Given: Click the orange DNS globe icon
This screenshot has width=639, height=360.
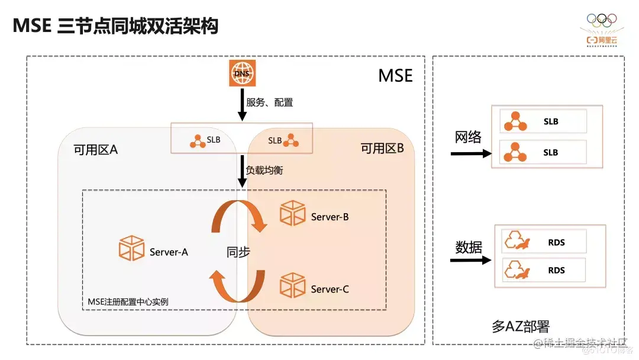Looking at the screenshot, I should (241, 73).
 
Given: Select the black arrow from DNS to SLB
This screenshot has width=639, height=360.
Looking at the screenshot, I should (242, 105).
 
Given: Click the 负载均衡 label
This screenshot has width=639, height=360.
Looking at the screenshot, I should (264, 171).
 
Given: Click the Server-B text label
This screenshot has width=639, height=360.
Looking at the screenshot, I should (330, 217).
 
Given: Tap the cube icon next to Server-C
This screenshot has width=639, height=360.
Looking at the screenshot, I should (293, 286).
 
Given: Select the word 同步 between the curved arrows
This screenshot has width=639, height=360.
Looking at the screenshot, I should (238, 252).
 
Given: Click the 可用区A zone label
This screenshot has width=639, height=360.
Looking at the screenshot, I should (96, 149).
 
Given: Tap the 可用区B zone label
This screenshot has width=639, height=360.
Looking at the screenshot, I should (382, 148).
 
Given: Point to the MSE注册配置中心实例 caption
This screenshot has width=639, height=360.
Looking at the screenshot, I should (128, 301).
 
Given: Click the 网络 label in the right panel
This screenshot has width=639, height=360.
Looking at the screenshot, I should (468, 137).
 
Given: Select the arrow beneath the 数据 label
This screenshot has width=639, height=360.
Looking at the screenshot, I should (470, 261).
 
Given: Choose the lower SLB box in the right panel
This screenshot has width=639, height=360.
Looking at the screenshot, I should (543, 152).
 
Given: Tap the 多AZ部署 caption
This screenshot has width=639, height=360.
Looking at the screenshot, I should (521, 326).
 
